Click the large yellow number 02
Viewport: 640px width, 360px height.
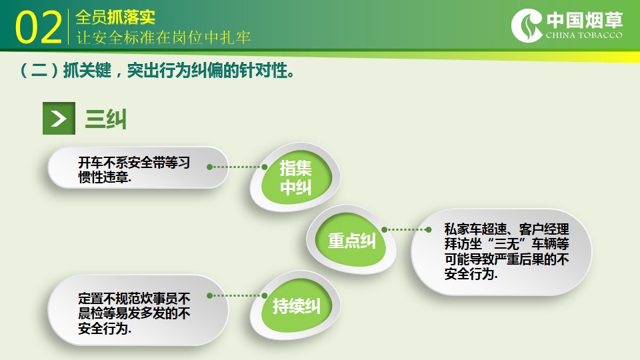(x=39, y=27)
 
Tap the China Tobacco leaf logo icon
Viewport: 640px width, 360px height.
(x=527, y=26)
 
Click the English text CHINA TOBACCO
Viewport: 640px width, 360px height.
(x=584, y=35)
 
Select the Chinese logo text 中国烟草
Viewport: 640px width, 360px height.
(x=585, y=19)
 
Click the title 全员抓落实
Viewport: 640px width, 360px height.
(x=115, y=17)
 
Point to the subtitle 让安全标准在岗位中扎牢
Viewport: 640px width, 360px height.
(x=163, y=37)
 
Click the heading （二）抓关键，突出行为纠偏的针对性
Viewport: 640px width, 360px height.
(x=157, y=70)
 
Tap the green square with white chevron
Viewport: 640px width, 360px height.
(x=59, y=119)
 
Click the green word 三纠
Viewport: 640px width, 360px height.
(x=106, y=119)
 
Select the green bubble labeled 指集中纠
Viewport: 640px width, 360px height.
(x=295, y=177)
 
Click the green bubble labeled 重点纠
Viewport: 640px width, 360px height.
(x=351, y=240)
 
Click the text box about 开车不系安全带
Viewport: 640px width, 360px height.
(x=138, y=168)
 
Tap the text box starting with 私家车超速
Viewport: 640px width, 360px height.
(x=501, y=252)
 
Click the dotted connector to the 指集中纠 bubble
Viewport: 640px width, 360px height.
(x=237, y=167)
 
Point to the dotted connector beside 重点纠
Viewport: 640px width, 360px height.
(x=406, y=230)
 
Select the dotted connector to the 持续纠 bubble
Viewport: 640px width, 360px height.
(x=237, y=295)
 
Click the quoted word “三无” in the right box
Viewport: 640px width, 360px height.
(x=507, y=244)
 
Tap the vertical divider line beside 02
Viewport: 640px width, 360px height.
(x=68, y=27)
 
